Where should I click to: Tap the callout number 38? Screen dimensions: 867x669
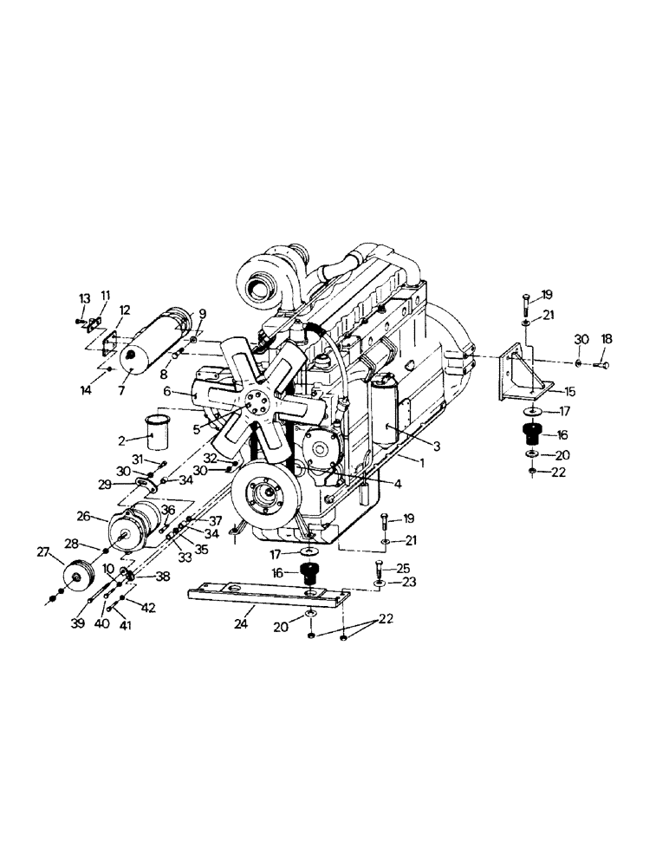162,576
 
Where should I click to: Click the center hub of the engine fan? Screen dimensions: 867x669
256,403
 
